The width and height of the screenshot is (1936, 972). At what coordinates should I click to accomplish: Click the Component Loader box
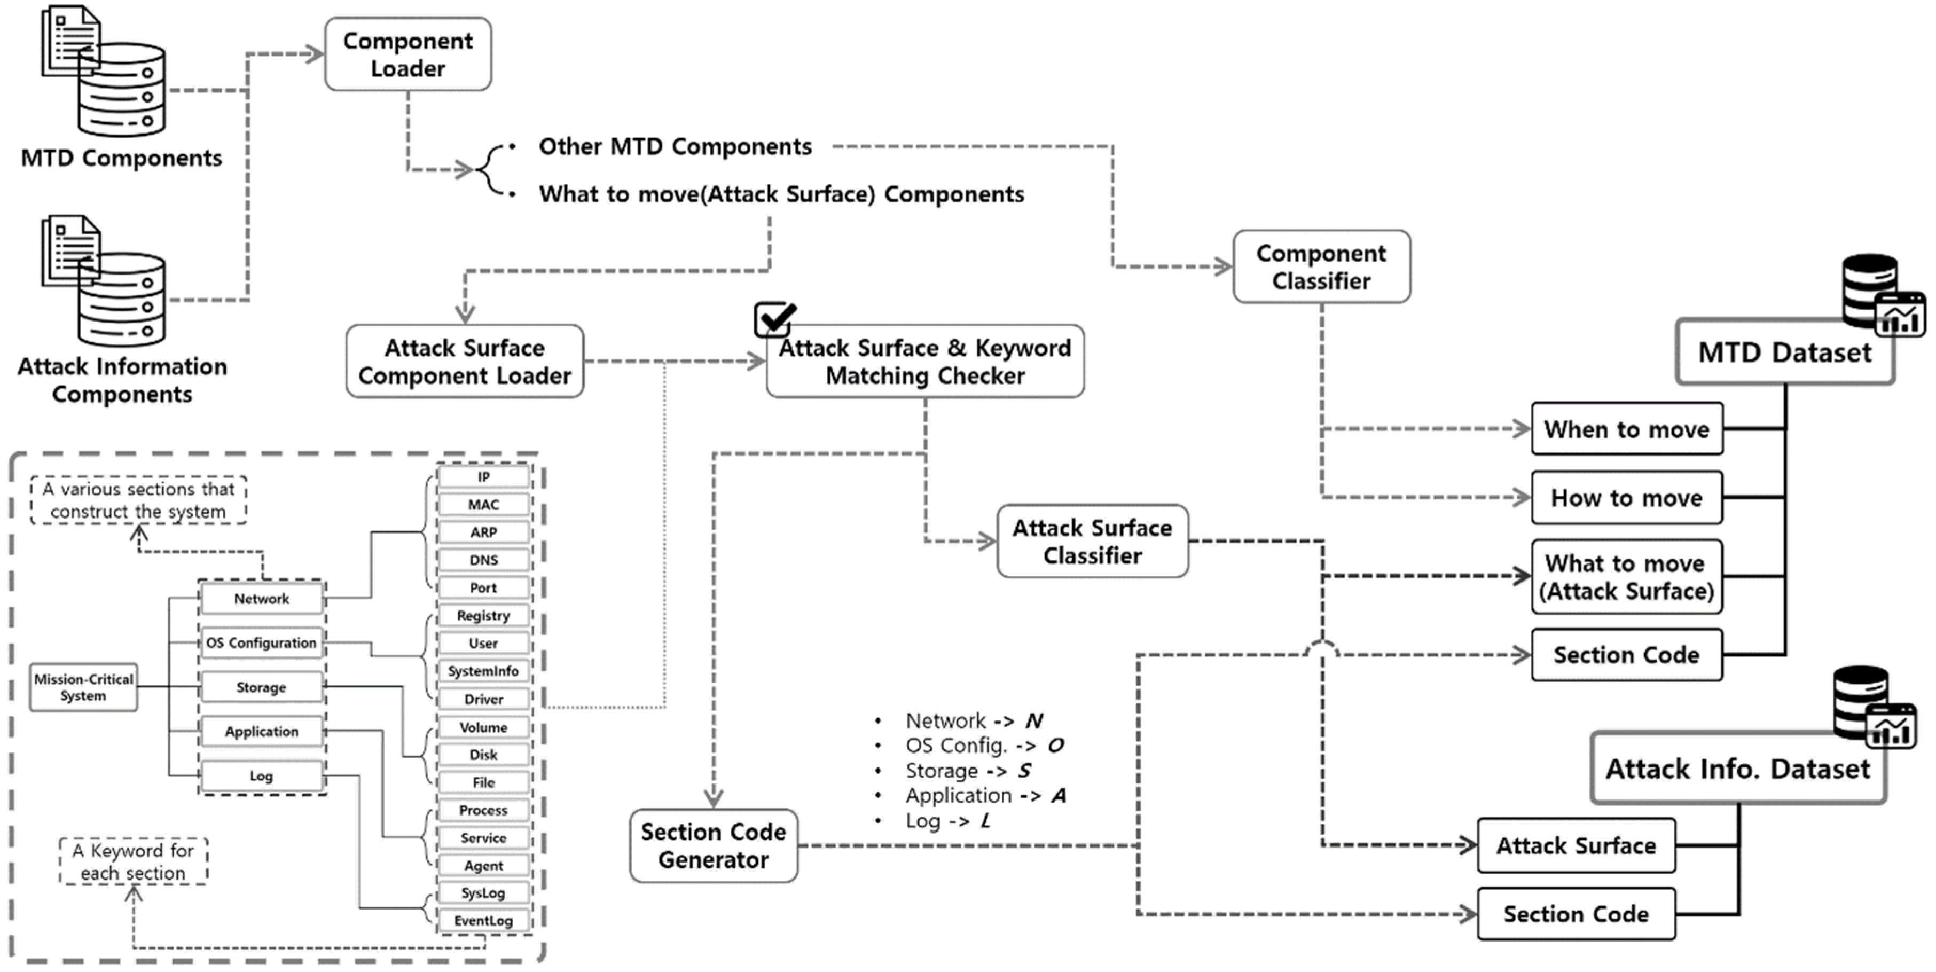point(407,54)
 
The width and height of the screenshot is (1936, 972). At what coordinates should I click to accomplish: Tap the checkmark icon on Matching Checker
point(774,319)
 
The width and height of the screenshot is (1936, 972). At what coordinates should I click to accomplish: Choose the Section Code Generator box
point(713,846)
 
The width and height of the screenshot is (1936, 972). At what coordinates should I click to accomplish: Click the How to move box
point(1626,498)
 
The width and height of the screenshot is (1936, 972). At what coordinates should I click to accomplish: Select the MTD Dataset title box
point(1784,352)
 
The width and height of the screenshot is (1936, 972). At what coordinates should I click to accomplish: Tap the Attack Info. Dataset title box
point(1737,769)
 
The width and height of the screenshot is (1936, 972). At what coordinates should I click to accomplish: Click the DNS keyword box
point(483,560)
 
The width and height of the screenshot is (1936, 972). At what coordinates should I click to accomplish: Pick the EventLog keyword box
point(483,921)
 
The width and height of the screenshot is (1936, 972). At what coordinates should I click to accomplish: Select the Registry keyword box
point(483,616)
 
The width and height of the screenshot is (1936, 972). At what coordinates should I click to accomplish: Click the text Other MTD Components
point(675,146)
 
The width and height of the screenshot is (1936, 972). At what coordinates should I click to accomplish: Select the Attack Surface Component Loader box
point(465,362)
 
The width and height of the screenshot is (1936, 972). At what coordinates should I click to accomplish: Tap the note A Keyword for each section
point(133,861)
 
